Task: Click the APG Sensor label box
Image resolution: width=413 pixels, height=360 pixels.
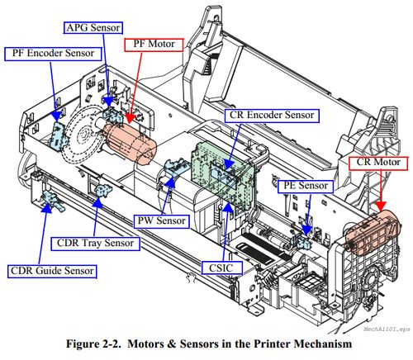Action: pos(93,28)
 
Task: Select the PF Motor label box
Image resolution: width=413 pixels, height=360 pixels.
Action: pos(154,45)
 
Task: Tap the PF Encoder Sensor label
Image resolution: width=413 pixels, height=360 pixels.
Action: pos(53,54)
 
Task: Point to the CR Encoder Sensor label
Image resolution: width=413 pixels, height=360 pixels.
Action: pos(272,116)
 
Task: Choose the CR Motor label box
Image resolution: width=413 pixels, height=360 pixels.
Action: pos(378,163)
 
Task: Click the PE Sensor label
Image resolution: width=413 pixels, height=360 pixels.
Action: pos(306,187)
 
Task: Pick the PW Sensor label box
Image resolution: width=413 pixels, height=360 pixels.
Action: pos(162,221)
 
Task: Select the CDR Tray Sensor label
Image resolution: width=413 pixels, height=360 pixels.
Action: pos(95,244)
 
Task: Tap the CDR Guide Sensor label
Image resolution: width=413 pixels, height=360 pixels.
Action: pos(52,272)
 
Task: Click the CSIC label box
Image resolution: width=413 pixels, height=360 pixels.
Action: pos(222,268)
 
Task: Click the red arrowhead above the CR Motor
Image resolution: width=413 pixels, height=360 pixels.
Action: pos(381,206)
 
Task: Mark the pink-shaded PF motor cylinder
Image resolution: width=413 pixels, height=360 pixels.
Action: pos(131,143)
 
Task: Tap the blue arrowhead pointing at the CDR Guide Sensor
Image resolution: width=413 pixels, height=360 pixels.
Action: pos(47,208)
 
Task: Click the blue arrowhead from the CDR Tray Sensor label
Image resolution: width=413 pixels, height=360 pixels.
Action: pos(97,201)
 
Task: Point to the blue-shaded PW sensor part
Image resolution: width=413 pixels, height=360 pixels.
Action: pos(176,168)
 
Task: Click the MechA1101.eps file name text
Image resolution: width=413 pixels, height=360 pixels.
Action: pos(387,329)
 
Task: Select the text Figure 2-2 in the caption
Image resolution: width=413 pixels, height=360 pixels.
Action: pos(93,344)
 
